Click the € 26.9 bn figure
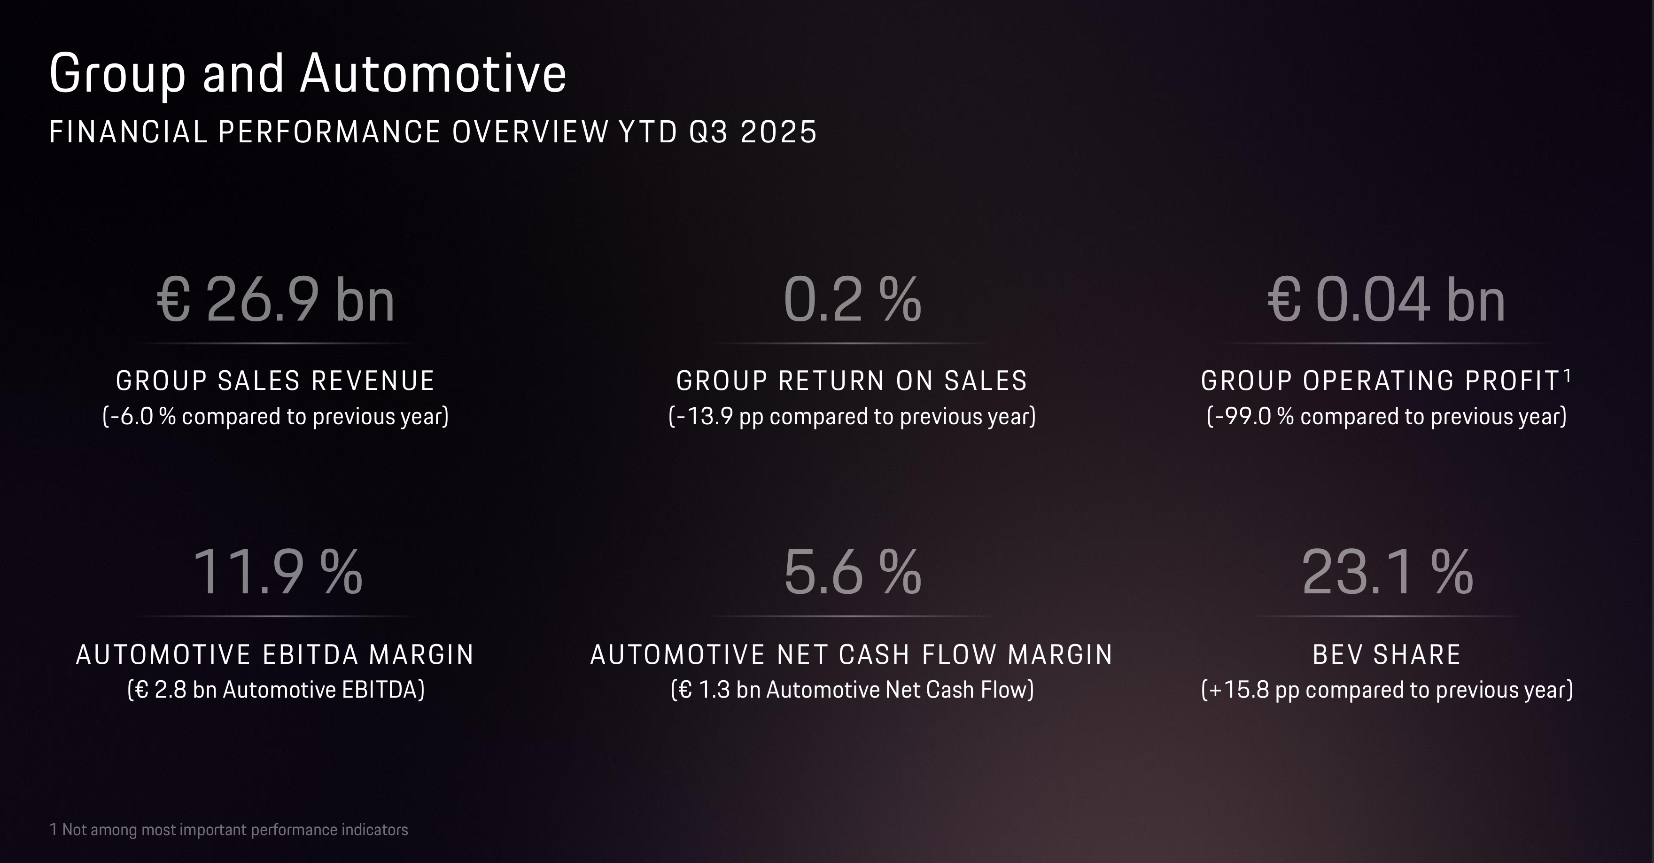pyautogui.click(x=275, y=299)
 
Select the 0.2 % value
pyautogui.click(x=852, y=299)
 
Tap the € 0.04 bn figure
pyautogui.click(x=1386, y=299)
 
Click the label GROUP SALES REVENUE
pyautogui.click(x=275, y=381)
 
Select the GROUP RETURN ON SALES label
pyautogui.click(x=852, y=381)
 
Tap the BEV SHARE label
pyautogui.click(x=1387, y=654)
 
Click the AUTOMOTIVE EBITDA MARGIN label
pyautogui.click(x=275, y=654)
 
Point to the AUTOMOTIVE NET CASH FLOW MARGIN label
pyautogui.click(x=852, y=654)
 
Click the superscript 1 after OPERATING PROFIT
pyautogui.click(x=1567, y=374)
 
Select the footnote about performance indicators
pyautogui.click(x=229, y=830)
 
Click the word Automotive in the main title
pyautogui.click(x=433, y=73)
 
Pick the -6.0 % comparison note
pyautogui.click(x=275, y=416)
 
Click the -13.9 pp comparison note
pyautogui.click(x=852, y=416)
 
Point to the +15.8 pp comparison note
pyautogui.click(x=1387, y=690)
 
